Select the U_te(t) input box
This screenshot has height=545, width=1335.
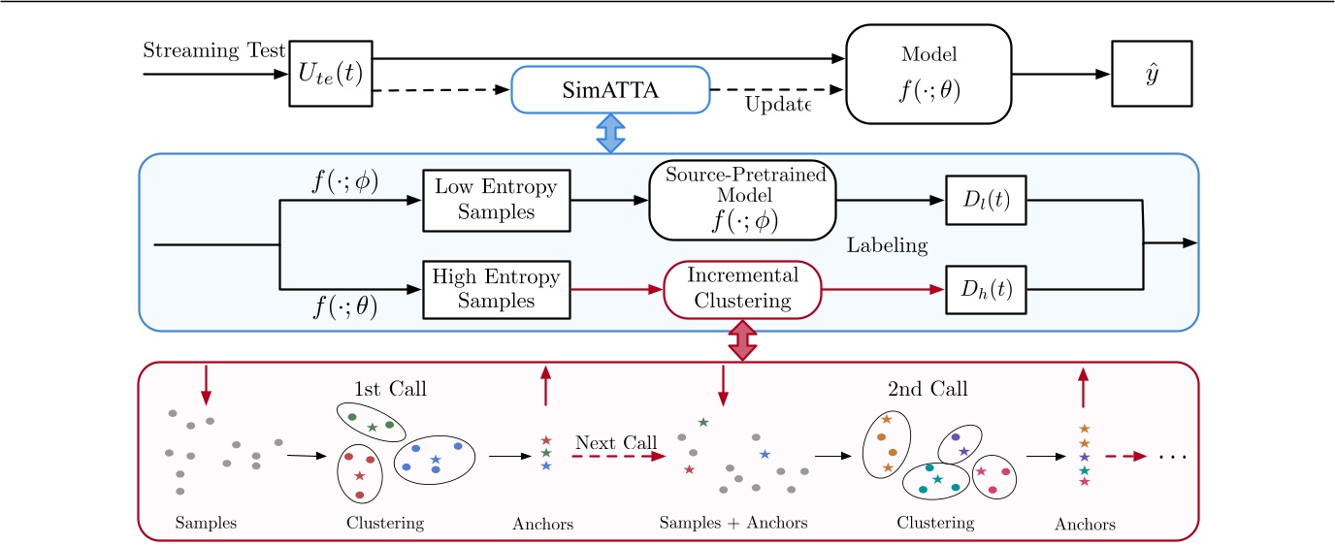(x=331, y=73)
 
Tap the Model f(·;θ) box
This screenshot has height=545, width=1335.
(x=928, y=74)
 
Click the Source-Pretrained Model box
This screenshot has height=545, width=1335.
(x=742, y=199)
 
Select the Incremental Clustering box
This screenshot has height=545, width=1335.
(x=742, y=289)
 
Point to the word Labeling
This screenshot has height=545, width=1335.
(x=887, y=245)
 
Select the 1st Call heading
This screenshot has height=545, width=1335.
(x=392, y=389)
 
